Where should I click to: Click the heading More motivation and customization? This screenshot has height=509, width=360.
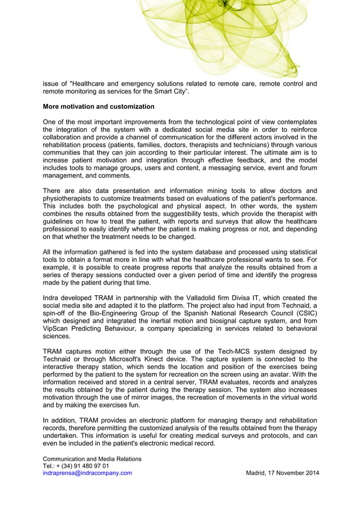click(x=99, y=106)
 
